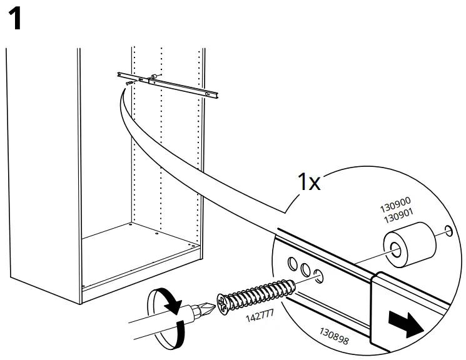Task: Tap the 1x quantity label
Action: pyautogui.click(x=308, y=182)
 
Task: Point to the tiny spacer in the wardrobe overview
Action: pyautogui.click(x=154, y=77)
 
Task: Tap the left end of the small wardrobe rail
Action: pyautogui.click(x=119, y=74)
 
